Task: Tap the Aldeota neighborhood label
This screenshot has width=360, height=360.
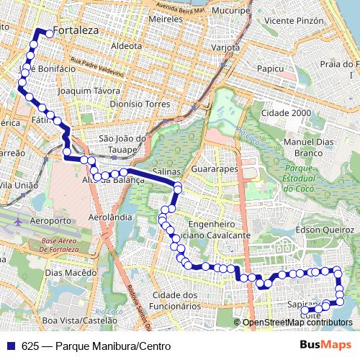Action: (127, 45)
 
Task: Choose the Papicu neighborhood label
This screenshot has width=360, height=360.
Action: (270, 69)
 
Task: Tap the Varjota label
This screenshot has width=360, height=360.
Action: (225, 48)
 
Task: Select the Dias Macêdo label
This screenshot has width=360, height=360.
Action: (70, 273)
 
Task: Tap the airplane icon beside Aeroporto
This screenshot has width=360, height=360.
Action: (18, 220)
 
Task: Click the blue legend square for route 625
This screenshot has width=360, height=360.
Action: (11, 346)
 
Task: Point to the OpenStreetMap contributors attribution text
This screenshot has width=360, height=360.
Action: (297, 323)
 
